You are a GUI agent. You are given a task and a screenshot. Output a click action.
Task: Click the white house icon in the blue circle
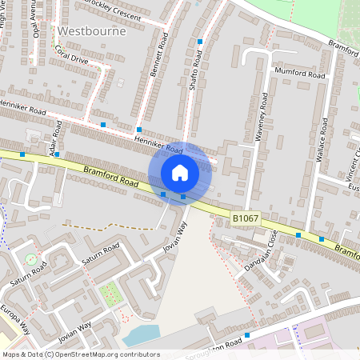point(180,172)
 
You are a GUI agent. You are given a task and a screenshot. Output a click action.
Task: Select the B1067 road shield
point(246,218)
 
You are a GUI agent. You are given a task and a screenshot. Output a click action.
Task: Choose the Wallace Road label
point(323,139)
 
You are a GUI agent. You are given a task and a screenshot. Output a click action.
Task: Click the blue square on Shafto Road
point(200,42)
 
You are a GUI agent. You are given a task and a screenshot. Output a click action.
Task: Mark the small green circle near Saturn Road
point(30,258)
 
